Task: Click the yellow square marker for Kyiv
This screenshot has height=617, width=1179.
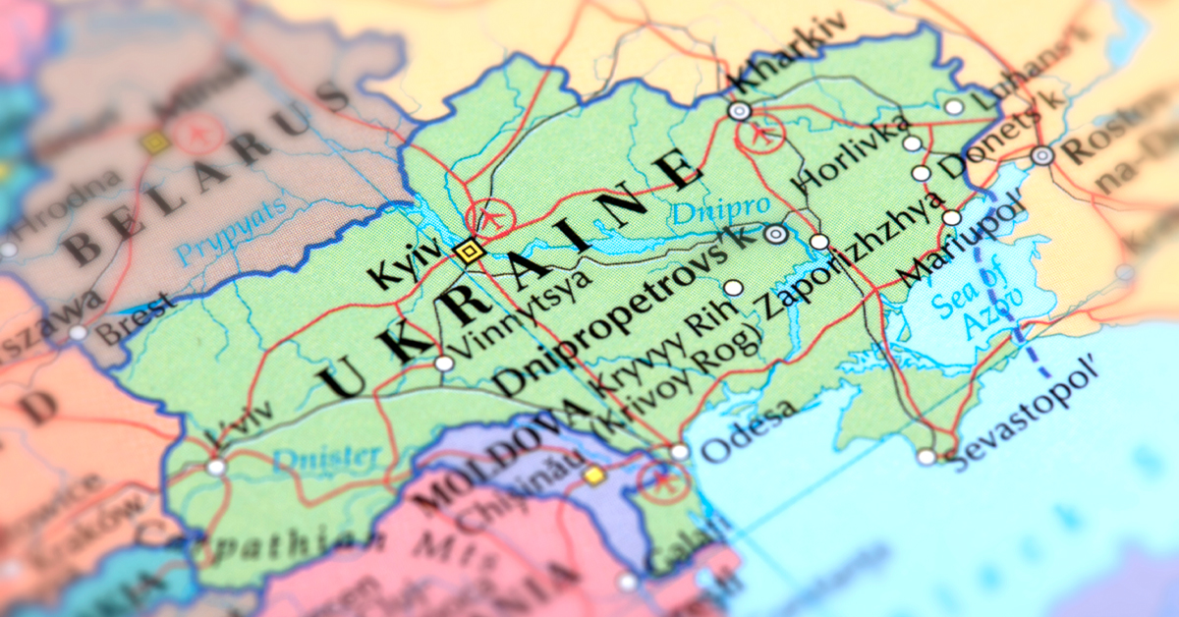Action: [470, 252]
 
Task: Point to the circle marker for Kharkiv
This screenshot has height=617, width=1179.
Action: [740, 111]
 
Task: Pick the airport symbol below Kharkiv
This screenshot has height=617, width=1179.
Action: [761, 132]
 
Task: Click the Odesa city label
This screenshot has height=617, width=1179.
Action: [748, 431]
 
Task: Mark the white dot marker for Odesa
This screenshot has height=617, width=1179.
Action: [679, 452]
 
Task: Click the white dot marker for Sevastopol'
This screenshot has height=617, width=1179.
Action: [926, 457]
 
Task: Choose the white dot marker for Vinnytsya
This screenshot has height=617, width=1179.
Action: [444, 364]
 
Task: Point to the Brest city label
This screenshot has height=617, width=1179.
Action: [138, 318]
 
